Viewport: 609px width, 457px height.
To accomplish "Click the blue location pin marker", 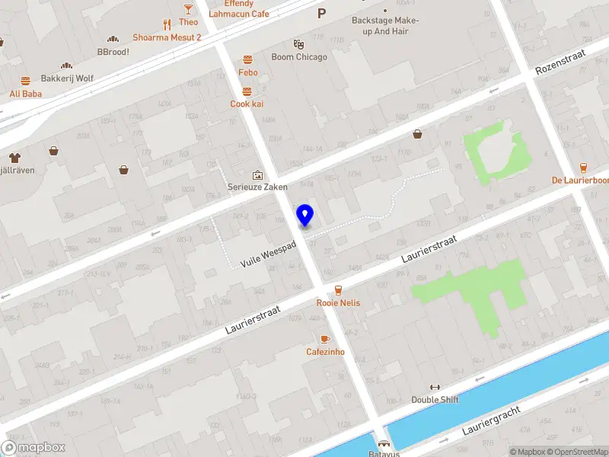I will point(305,216).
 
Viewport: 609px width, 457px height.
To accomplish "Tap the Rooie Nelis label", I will point(338,303).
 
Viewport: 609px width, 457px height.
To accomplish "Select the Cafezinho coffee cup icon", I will point(325,339).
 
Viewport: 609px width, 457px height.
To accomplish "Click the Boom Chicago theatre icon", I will point(298,44).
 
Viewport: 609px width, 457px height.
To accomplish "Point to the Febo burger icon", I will point(247,59).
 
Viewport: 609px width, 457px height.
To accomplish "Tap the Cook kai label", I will point(247,104).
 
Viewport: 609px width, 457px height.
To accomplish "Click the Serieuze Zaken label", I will point(257,187).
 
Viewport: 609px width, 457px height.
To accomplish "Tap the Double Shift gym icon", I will point(435,387).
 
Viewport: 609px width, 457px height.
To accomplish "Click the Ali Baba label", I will point(25,94).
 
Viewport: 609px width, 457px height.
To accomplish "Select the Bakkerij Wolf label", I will point(67,78).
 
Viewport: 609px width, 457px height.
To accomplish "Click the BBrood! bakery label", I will point(113,52).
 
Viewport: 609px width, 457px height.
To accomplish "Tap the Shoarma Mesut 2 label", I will point(167,37).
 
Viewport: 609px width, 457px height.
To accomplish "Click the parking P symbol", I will point(321,13).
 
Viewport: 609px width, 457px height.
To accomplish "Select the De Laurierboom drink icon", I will point(583,168).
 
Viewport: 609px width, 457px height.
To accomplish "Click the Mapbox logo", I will point(33,448).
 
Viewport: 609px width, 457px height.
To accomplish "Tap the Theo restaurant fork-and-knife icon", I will point(167,23).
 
